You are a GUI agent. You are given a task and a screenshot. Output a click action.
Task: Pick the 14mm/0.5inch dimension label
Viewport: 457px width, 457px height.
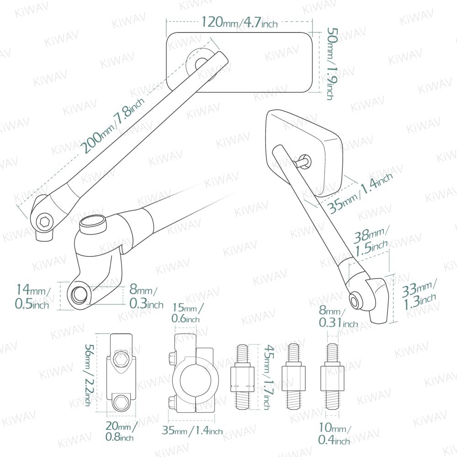pos(32,297)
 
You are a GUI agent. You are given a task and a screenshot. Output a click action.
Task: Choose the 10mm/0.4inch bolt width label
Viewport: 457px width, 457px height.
pos(335,435)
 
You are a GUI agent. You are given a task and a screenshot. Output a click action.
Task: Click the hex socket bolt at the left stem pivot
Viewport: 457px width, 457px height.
pos(44,222)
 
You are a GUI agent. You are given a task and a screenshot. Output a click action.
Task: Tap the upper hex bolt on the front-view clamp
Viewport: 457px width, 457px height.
pos(122,358)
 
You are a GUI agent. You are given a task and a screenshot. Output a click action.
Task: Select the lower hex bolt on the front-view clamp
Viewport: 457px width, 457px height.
pos(122,402)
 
